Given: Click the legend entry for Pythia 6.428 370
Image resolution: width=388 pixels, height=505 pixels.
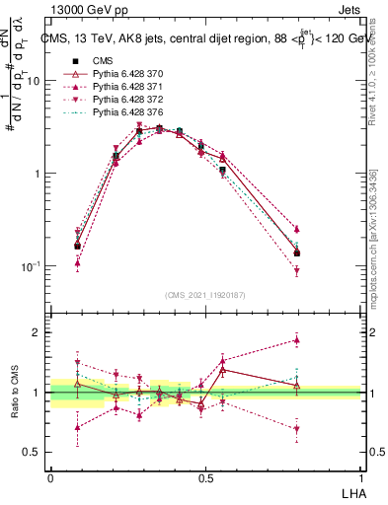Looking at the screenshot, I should [121, 74].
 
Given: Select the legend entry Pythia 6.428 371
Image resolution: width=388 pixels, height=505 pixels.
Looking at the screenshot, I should [121, 88].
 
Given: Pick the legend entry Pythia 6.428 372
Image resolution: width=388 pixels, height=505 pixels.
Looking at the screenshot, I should [121, 101].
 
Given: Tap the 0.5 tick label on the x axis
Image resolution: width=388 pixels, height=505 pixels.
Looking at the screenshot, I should [205, 476].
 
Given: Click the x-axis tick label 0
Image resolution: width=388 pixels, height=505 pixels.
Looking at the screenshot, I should [50, 476].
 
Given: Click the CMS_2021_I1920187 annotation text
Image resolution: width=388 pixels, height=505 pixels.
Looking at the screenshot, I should [205, 294].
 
